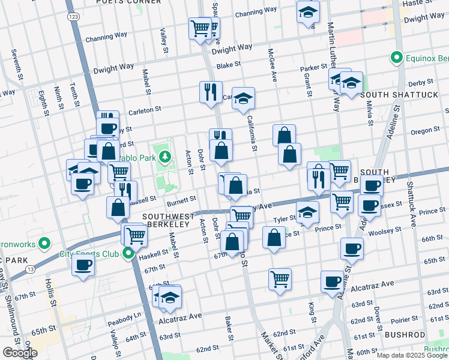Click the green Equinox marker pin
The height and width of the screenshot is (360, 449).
click(x=396, y=58)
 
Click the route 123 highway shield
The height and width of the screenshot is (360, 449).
click(x=73, y=17)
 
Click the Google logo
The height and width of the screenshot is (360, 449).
click(x=20, y=353)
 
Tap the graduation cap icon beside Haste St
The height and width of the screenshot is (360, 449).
click(x=308, y=13)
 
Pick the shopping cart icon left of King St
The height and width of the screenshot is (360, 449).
click(x=280, y=279)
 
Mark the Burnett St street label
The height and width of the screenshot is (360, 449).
click(x=182, y=199)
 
